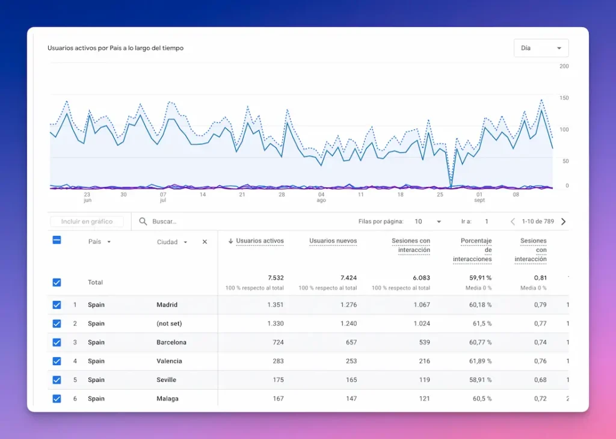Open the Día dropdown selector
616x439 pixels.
pos(541,48)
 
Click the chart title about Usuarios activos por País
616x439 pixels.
pos(115,48)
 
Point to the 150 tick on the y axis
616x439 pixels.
pos(564,97)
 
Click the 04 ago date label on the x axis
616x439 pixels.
pos(321,197)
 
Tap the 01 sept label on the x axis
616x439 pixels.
pos(479,197)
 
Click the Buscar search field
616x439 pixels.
pos(241,221)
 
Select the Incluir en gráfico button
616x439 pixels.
pos(87,221)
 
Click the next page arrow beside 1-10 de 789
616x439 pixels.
pos(563,221)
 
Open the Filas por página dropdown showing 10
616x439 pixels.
pos(428,221)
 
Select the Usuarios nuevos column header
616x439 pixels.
pos(333,241)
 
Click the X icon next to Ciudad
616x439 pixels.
pos(205,242)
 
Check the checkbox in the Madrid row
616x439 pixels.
pos(57,305)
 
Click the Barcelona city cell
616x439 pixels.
pos(171,342)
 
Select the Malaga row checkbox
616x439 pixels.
pos(57,399)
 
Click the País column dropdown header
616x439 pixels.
pos(99,242)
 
